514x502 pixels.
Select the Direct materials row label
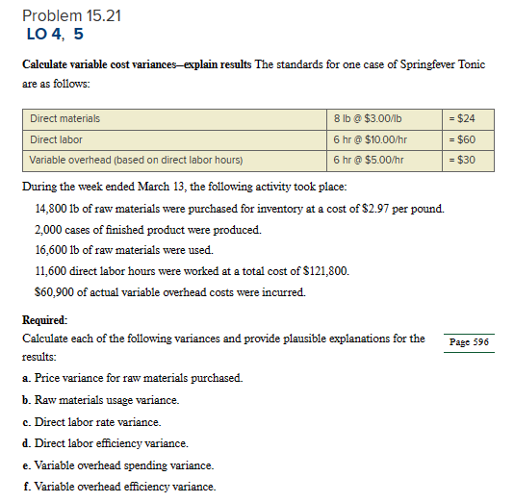(x=64, y=119)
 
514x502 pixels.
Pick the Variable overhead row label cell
(x=136, y=160)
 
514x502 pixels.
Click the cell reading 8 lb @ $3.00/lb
(x=368, y=119)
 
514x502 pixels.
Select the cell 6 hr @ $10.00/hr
(x=371, y=139)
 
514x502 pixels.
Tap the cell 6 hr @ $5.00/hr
(x=369, y=160)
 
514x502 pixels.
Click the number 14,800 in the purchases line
(x=51, y=209)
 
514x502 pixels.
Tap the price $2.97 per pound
(x=402, y=209)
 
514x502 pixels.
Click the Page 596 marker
(x=469, y=341)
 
